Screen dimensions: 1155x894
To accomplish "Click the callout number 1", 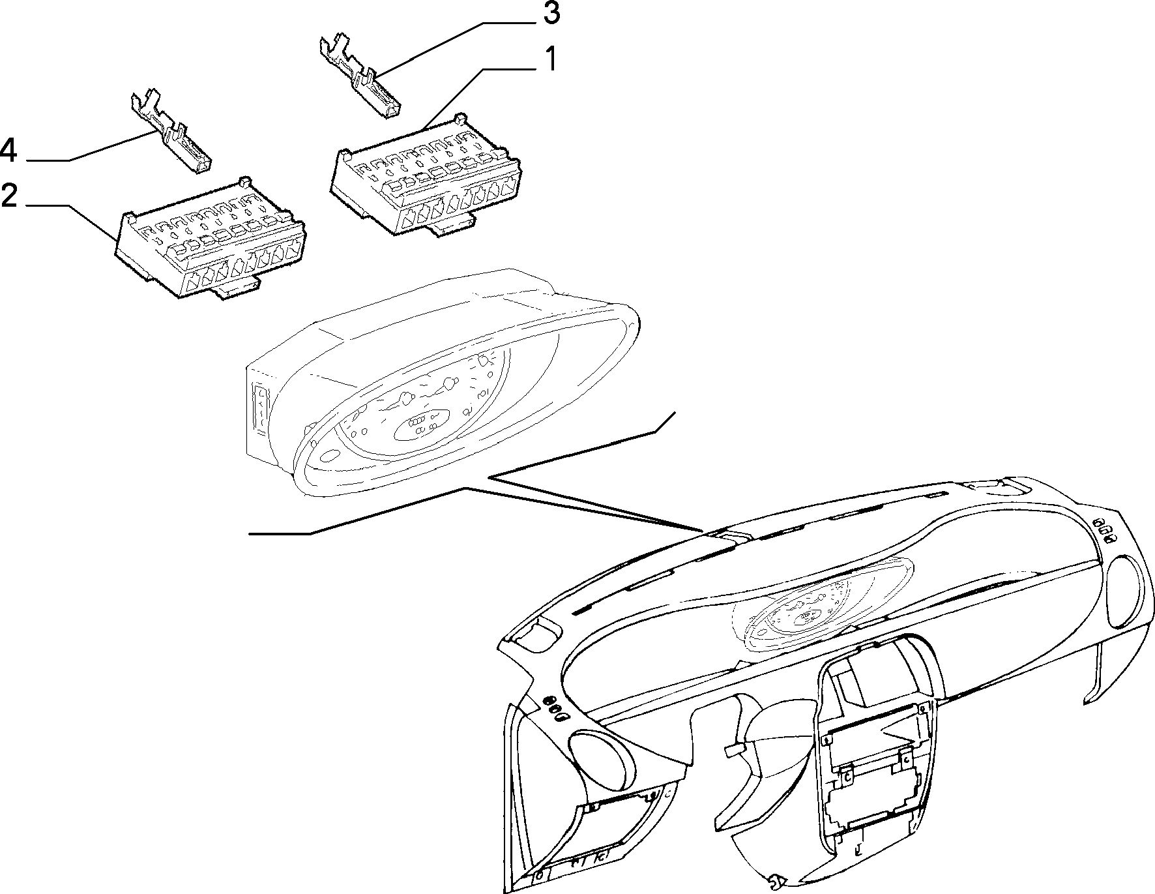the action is [x=551, y=59].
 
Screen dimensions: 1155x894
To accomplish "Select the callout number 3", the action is [x=551, y=12].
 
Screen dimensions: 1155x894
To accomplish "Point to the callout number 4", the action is [x=8, y=150].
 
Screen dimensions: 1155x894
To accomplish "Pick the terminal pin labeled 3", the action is [x=359, y=78].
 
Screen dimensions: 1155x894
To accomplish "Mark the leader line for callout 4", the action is [x=91, y=145].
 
